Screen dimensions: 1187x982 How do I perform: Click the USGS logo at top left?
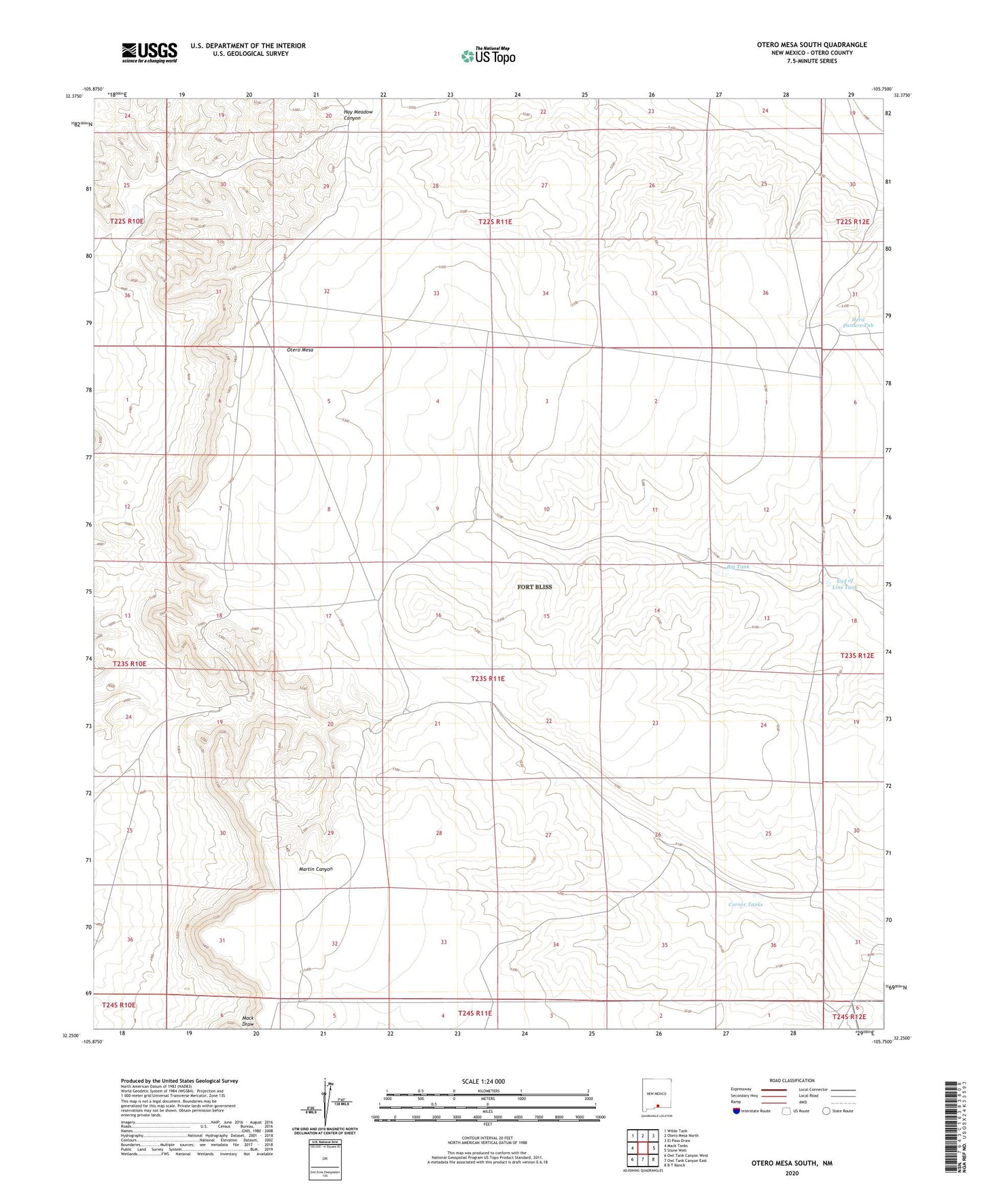pos(150,52)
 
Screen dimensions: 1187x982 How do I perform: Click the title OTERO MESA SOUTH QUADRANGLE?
pos(811,45)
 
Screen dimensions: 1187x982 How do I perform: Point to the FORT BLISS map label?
pos(534,587)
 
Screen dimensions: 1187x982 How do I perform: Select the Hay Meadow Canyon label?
pos(357,115)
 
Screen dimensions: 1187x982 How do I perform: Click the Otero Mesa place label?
pos(299,349)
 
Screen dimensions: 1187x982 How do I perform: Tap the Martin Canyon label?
pos(315,869)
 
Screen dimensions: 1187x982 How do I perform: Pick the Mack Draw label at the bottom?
pos(247,1020)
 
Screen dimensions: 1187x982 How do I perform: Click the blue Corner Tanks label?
pos(746,904)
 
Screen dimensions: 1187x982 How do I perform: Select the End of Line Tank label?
pos(845,584)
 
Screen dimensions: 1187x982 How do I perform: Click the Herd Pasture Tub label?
pos(858,323)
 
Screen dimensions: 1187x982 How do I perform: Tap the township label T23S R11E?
pos(497,678)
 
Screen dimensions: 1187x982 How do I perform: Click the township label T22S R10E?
pos(126,222)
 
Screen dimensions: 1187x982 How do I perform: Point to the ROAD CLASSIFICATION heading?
pos(792,1080)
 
